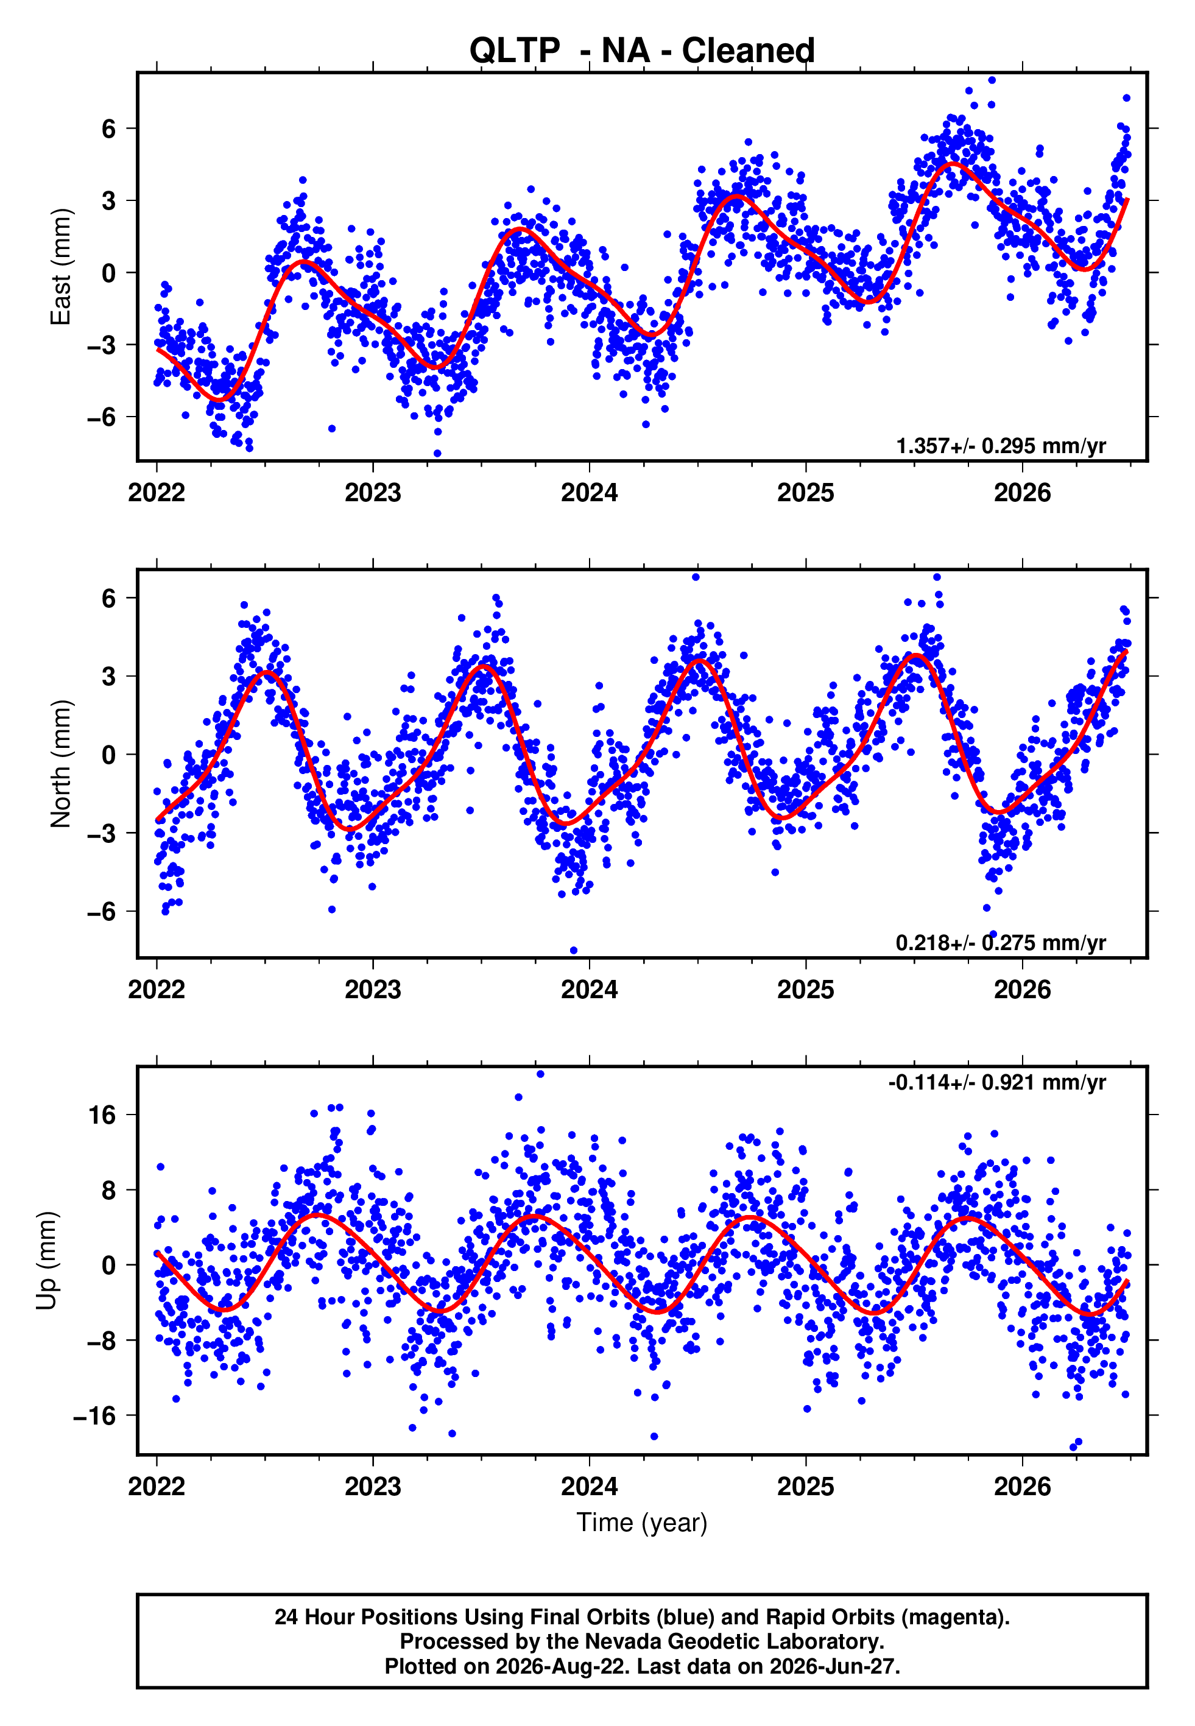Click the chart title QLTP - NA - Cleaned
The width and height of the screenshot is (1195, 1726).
pos(642,51)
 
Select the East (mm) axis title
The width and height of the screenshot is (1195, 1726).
pos(60,267)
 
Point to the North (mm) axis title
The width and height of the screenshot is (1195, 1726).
pos(60,764)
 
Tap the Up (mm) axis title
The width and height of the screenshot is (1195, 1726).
pos(46,1259)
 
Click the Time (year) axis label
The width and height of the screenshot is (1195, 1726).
pos(642,1523)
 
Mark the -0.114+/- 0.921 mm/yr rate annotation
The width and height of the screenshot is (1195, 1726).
pos(996,1082)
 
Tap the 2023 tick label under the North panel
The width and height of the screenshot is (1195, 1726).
pos(373,990)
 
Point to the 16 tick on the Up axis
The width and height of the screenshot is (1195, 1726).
pos(102,1115)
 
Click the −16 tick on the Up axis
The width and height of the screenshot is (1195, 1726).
pos(95,1415)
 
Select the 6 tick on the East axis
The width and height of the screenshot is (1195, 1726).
pos(109,129)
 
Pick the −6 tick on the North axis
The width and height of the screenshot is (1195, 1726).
pos(102,911)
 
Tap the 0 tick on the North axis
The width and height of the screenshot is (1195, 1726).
pos(109,755)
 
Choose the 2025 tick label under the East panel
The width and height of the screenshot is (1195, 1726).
pos(806,493)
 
